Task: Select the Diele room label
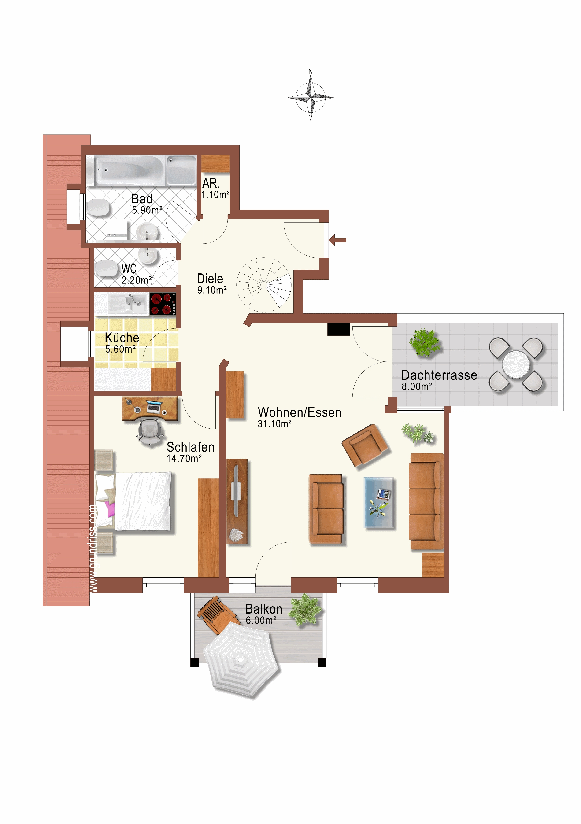(210, 279)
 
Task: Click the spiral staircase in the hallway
(264, 285)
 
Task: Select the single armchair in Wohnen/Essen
(364, 445)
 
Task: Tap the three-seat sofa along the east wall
(427, 502)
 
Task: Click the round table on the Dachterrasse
(516, 364)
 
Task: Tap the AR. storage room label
(211, 183)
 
